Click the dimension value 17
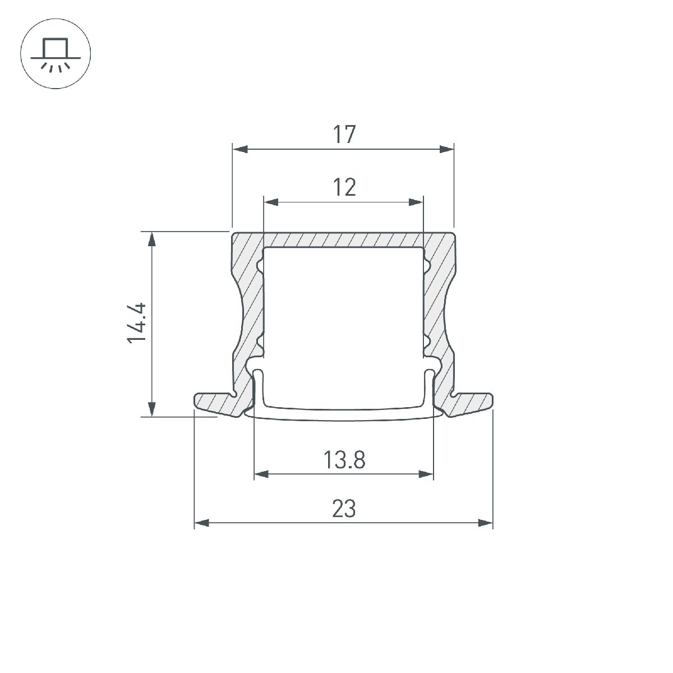coord(344,135)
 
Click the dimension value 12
coord(344,187)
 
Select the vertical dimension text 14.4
coord(137,323)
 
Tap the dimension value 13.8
coord(344,460)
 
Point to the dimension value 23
coord(344,509)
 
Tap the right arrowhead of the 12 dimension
coord(416,202)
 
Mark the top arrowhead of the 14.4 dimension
coord(151,239)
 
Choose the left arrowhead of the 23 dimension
coord(201,523)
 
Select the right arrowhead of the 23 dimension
coord(486,523)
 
